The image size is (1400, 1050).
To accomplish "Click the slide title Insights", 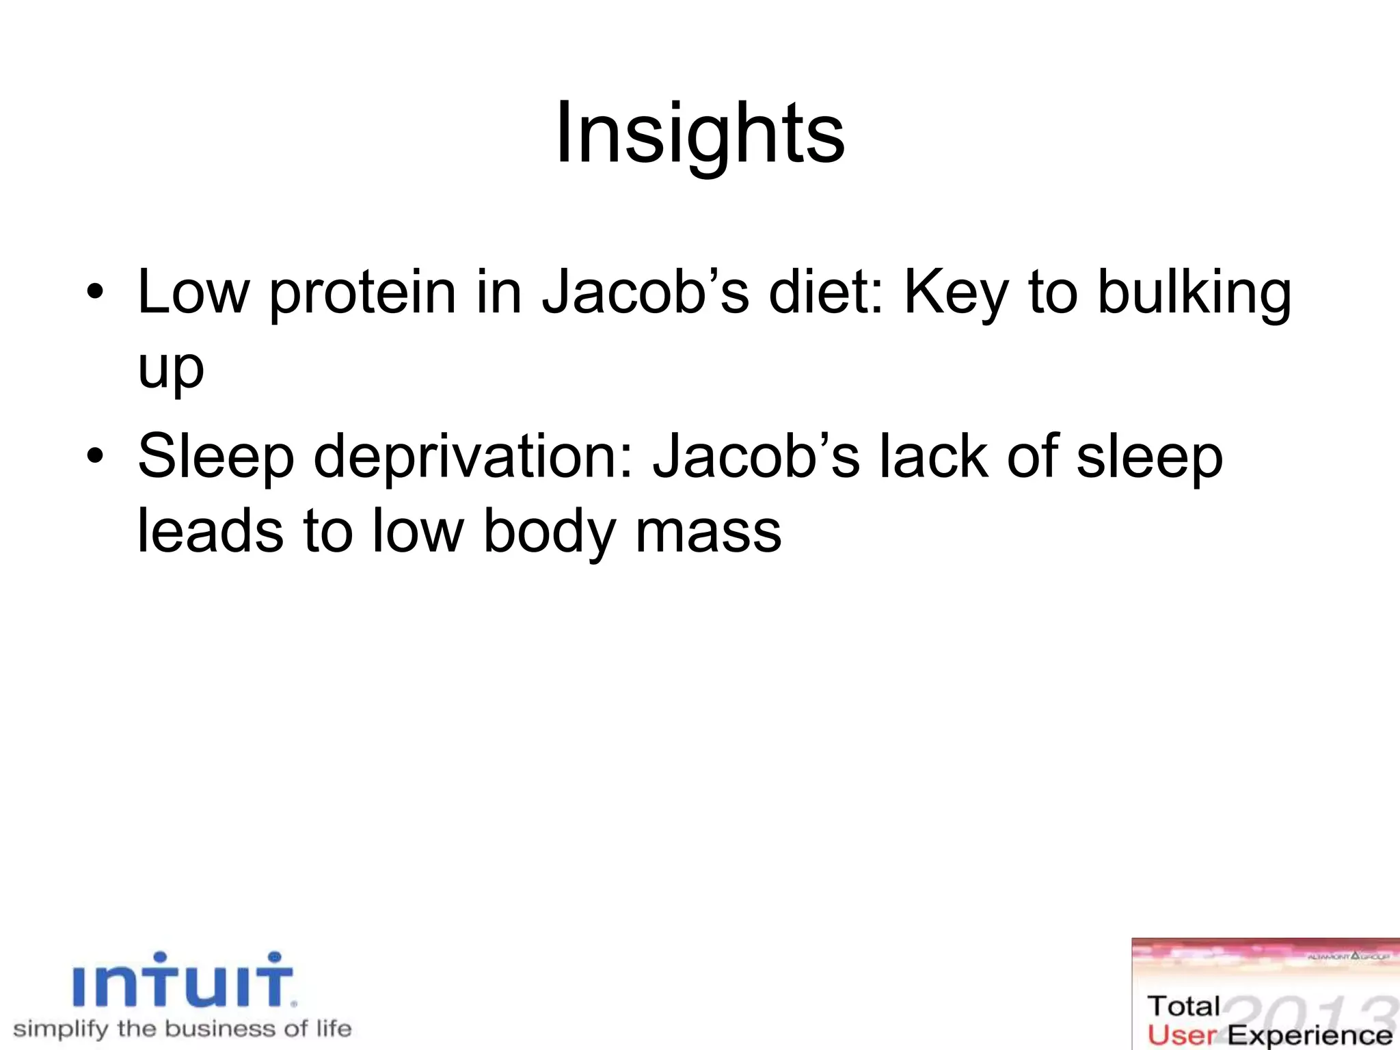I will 700,133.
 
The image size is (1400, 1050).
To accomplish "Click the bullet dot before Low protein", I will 95,293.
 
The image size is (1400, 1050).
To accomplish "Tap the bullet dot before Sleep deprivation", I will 95,457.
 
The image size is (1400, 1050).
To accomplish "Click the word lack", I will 933,457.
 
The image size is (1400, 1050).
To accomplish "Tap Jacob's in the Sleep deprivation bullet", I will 756,457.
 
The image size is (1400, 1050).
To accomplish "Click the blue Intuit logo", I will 183,982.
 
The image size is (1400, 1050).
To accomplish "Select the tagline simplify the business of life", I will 183,1029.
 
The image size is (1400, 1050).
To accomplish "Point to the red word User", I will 1182,1035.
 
